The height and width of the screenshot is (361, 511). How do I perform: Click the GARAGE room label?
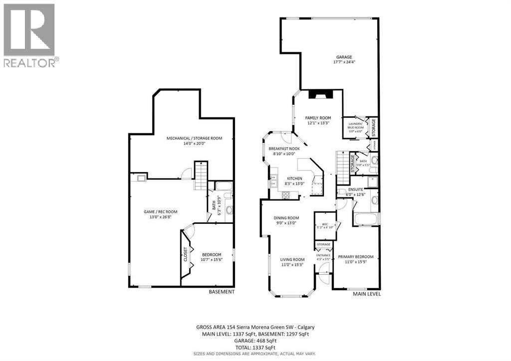[x=344, y=57]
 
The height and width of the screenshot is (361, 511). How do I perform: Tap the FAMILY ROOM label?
[x=318, y=118]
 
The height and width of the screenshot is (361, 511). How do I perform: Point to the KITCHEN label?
[x=294, y=179]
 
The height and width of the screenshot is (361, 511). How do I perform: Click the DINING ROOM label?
[x=286, y=218]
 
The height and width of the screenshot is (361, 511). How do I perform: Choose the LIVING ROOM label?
[x=292, y=259]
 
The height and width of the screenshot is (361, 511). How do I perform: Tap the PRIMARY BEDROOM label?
[x=355, y=257]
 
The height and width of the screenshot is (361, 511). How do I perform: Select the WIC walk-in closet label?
[x=324, y=224]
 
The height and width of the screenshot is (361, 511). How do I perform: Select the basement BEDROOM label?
[x=211, y=255]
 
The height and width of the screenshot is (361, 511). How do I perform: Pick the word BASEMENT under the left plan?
[x=221, y=292]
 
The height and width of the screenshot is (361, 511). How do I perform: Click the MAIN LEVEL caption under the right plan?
[x=367, y=294]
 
